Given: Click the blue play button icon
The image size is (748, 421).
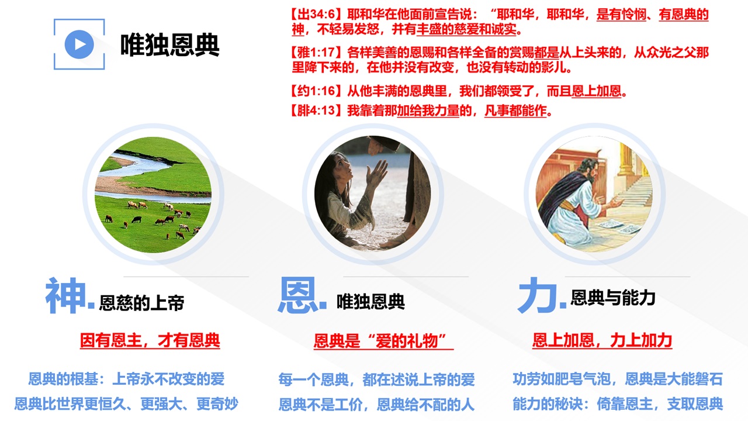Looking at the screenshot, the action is (79, 44).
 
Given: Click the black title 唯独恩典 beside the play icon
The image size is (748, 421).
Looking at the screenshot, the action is (169, 45).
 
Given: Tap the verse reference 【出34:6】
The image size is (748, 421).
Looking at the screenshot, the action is (317, 15).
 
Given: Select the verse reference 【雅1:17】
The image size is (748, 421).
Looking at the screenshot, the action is (317, 53).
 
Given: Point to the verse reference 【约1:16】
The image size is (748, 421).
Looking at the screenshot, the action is (317, 91).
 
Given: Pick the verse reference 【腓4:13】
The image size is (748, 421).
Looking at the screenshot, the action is (317, 111).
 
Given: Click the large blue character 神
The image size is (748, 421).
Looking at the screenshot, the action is (66, 295).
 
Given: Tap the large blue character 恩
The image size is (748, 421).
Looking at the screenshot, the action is (298, 295).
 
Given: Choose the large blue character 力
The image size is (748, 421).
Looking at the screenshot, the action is (537, 295).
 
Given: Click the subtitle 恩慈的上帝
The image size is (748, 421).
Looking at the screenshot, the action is (141, 303).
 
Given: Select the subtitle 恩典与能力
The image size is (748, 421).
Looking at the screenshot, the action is (613, 298).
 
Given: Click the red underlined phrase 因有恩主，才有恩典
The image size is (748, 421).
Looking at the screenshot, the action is (150, 340).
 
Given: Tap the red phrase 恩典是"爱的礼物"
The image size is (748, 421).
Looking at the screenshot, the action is (383, 341).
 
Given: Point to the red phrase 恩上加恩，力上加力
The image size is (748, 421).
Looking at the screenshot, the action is (602, 340).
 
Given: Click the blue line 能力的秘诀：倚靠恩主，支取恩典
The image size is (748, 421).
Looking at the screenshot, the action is (618, 404).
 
